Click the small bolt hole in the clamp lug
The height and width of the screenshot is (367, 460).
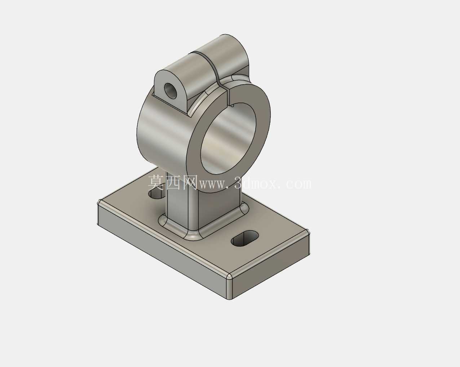(171, 90)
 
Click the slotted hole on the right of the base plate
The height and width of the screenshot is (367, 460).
(245, 239)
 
